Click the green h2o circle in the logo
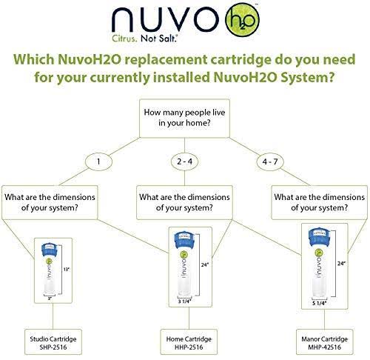(x=242, y=20)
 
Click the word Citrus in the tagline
(x=124, y=39)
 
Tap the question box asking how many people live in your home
(x=184, y=119)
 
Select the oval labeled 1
(x=98, y=161)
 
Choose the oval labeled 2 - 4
(x=184, y=161)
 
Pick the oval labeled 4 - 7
(x=270, y=161)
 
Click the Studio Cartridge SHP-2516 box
(x=53, y=341)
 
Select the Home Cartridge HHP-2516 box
(x=189, y=341)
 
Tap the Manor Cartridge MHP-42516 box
(x=324, y=341)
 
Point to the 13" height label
(x=67, y=269)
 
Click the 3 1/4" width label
(x=185, y=301)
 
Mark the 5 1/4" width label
(x=319, y=303)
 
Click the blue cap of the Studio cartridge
(x=50, y=250)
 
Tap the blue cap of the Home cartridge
(x=184, y=239)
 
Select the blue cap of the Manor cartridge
(x=319, y=236)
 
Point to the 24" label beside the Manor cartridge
(x=341, y=264)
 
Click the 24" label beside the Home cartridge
(x=205, y=264)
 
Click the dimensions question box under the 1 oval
(x=50, y=202)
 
